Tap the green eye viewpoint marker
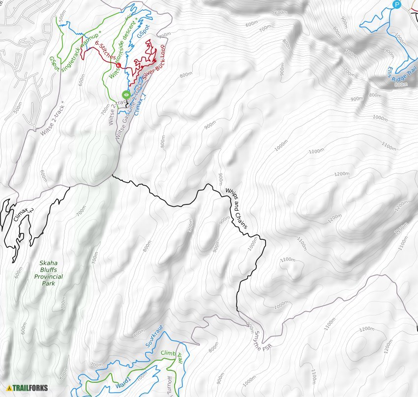pos(126,94)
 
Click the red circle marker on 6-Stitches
pos(119,65)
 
